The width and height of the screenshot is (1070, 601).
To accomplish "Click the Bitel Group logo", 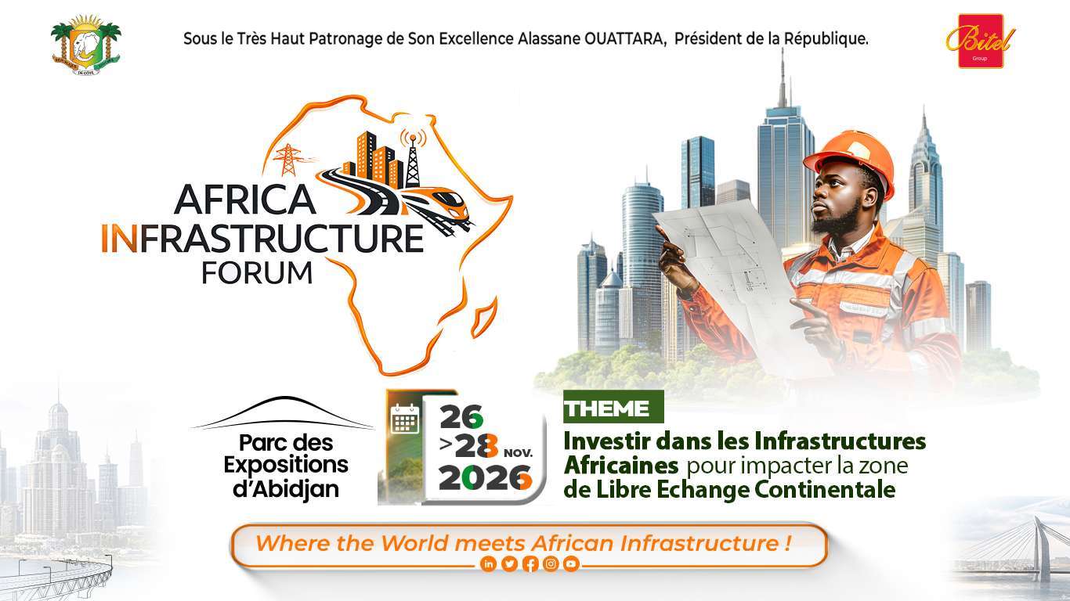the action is pos(981,41).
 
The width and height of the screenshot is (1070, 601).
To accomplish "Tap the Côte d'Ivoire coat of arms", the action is pos(86,45).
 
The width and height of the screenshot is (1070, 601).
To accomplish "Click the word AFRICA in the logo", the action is pos(245,200).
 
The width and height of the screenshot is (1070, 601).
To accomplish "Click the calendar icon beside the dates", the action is pos(405,419).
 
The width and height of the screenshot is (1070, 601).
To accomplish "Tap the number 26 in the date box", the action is pos(461,417).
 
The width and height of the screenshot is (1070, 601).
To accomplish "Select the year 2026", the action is pos(485,478).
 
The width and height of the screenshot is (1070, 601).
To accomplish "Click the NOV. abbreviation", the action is pos(519,452).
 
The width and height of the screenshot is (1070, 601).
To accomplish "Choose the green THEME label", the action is pos(613,407).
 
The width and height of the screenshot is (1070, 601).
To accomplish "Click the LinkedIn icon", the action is pos(488,564).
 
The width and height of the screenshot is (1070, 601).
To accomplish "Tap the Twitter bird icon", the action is pos(509,564).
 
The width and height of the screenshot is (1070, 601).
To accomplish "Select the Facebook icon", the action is pos(530,564).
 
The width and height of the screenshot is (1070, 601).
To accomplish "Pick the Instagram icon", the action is pos(551,564).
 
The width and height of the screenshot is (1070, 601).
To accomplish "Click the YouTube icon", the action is pos(571,564).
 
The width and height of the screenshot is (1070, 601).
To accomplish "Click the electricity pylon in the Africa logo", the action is pos(288,160).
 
